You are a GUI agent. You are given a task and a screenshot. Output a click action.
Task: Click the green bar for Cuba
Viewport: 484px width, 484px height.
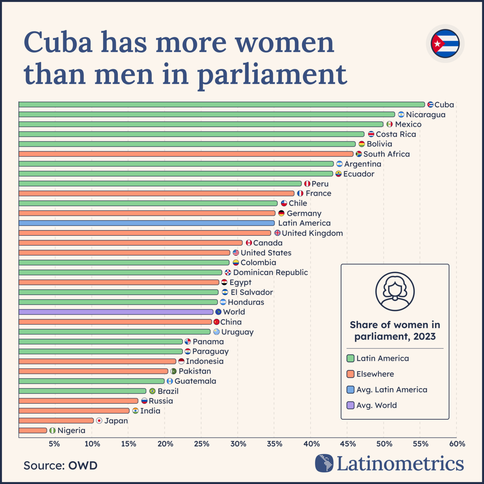[221, 105]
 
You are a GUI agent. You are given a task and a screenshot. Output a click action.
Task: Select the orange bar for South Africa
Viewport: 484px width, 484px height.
[185, 154]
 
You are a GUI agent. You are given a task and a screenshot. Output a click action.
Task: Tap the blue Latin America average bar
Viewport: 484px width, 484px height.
[146, 223]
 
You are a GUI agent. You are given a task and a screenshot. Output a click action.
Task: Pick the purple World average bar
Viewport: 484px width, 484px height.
[115, 312]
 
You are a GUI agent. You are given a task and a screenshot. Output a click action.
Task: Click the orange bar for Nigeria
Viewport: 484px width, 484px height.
[33, 430]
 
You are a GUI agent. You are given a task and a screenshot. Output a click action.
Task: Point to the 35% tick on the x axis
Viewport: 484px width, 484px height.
[275, 444]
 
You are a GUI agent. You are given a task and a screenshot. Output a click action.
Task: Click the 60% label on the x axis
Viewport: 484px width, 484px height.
[457, 444]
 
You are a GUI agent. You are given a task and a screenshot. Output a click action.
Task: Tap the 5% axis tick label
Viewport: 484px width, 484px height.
[54, 444]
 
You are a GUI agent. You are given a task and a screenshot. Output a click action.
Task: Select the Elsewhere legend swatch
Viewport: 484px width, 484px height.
[351, 374]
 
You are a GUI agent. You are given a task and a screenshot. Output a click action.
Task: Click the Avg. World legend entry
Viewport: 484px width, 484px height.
[376, 405]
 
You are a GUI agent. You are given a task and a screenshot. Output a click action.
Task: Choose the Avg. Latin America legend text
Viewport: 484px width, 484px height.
[391, 390]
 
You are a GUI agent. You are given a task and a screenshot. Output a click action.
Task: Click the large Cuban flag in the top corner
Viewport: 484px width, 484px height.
[445, 43]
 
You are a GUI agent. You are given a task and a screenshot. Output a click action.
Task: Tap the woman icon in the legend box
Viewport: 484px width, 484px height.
[395, 291]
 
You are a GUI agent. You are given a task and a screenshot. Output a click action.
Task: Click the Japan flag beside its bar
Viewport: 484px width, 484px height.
[99, 421]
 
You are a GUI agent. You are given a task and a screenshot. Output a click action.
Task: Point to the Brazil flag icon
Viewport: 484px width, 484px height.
[152, 391]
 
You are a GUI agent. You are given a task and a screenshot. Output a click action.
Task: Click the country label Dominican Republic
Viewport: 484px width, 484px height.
[270, 272]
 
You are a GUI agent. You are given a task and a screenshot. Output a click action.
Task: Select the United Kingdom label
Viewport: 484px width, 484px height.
[312, 233]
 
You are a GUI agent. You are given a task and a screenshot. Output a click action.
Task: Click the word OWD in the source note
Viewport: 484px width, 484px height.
[82, 466]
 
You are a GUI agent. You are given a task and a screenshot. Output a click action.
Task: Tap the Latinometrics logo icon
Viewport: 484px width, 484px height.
[324, 463]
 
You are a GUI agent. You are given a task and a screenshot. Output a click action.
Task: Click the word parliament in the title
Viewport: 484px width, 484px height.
[272, 74]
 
